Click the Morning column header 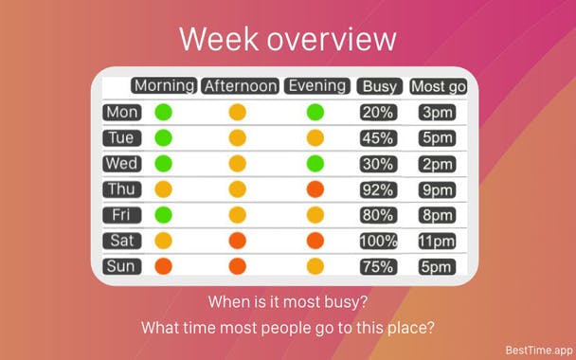point(164,86)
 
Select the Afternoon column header point(241,86)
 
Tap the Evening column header point(316,86)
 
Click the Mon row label point(122,112)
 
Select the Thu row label point(122,189)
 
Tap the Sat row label point(122,241)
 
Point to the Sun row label point(122,266)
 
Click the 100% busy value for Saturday point(378,241)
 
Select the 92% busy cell point(378,189)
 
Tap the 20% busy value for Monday point(378,112)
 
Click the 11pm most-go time point(437,241)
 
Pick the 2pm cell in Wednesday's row point(437,164)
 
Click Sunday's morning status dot point(164,266)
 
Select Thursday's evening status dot point(315,189)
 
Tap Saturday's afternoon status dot point(237,241)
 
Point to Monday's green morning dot point(164,112)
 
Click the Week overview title point(287,39)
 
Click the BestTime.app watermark point(538,348)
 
